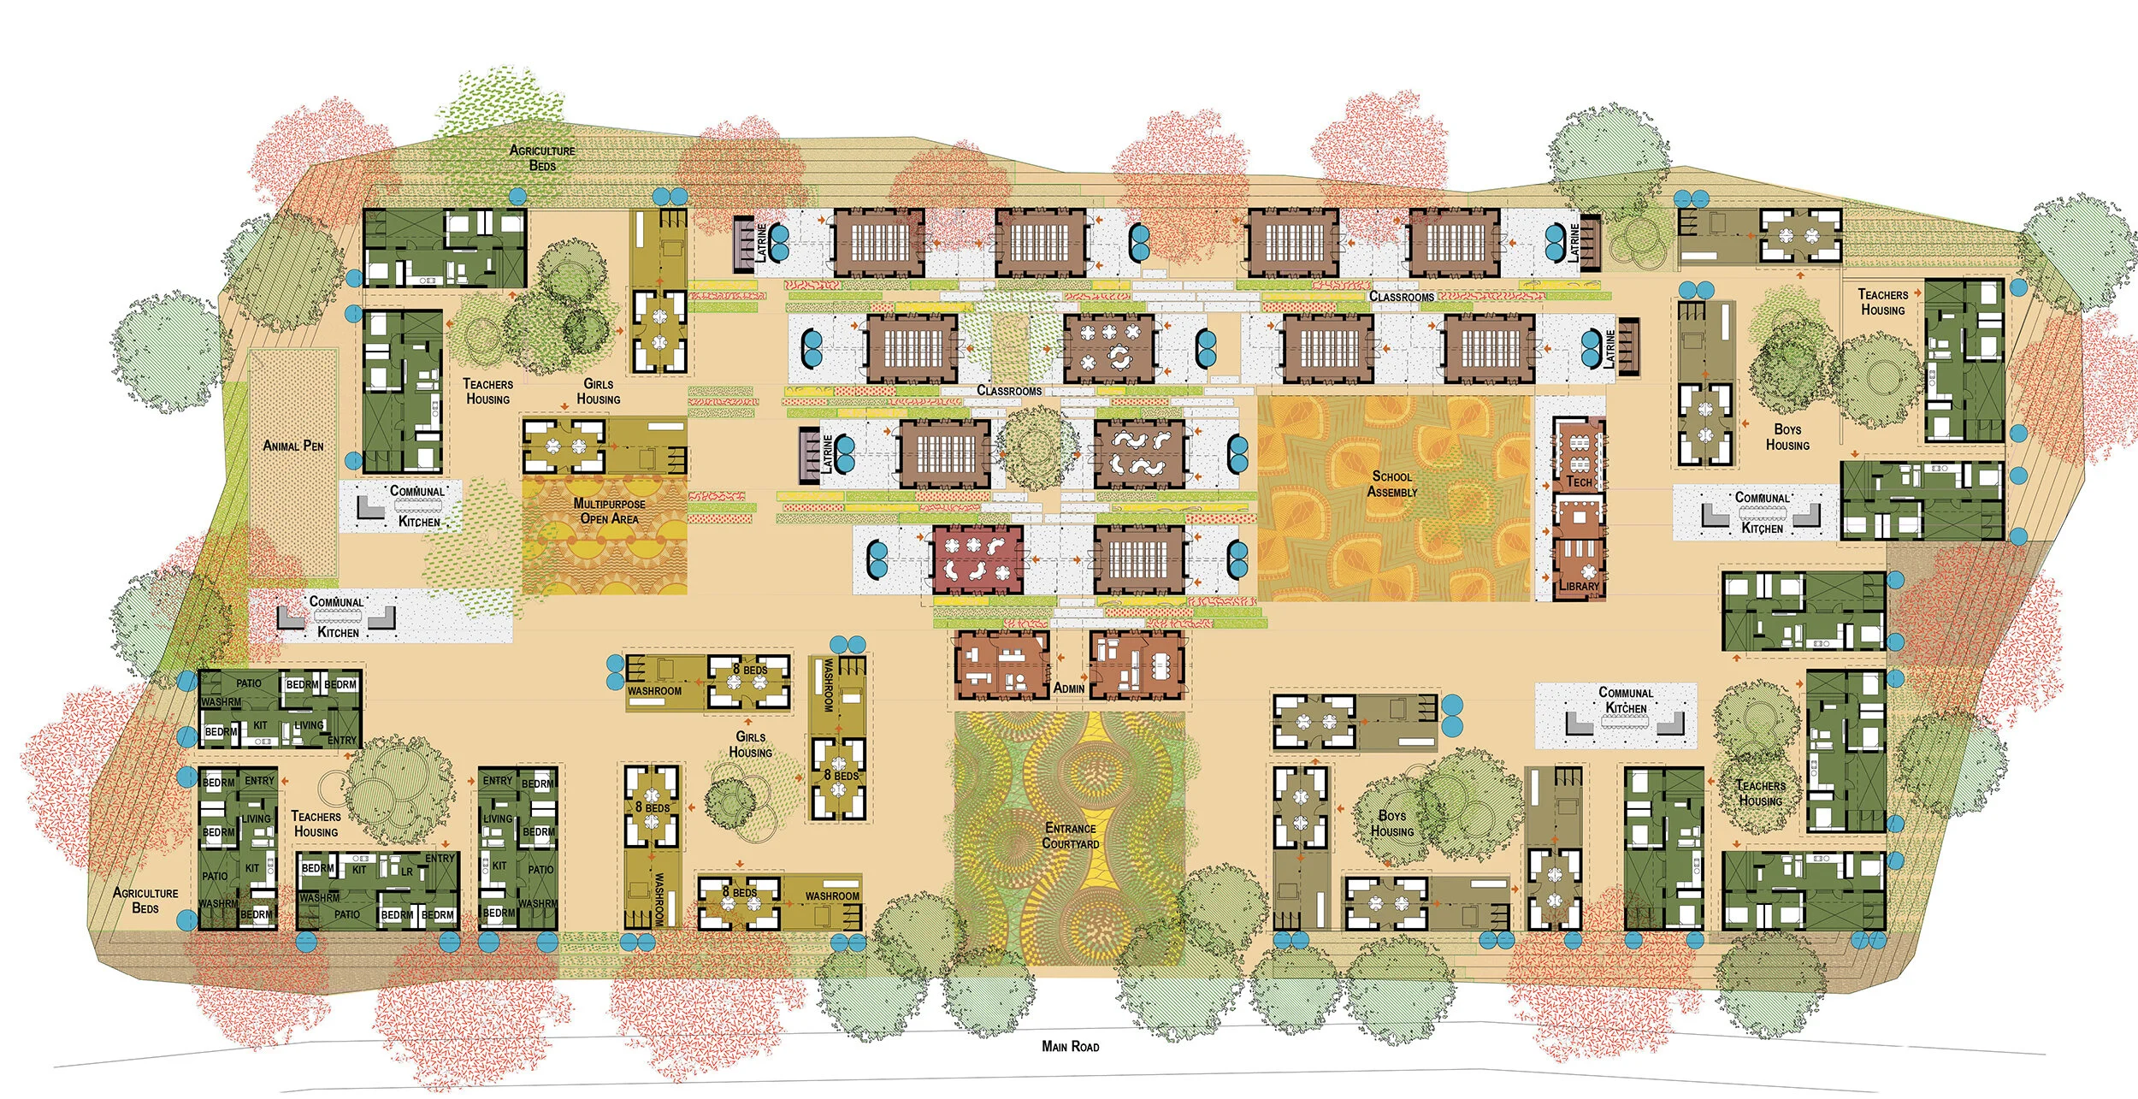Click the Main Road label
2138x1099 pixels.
(1070, 1046)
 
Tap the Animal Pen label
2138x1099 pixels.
(293, 446)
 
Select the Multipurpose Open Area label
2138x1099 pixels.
(609, 511)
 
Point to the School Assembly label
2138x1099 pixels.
(1391, 484)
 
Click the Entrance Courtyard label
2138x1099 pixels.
(1070, 836)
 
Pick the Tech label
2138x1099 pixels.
(1579, 482)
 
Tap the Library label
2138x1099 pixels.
(1579, 586)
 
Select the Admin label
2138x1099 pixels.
(1069, 688)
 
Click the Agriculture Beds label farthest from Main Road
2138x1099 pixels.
(542, 157)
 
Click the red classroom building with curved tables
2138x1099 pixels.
(977, 560)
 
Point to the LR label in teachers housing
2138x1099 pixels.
(407, 872)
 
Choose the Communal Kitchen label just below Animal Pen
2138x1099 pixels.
(418, 506)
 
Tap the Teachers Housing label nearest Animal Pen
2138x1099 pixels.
(487, 392)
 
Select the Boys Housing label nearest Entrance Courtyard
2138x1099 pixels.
(1391, 824)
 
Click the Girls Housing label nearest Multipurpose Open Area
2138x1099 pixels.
(599, 392)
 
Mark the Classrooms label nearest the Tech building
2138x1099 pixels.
(1402, 297)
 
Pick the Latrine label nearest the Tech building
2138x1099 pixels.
(1610, 349)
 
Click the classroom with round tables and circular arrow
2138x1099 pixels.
(1109, 348)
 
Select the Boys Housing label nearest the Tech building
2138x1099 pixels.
(1787, 437)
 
